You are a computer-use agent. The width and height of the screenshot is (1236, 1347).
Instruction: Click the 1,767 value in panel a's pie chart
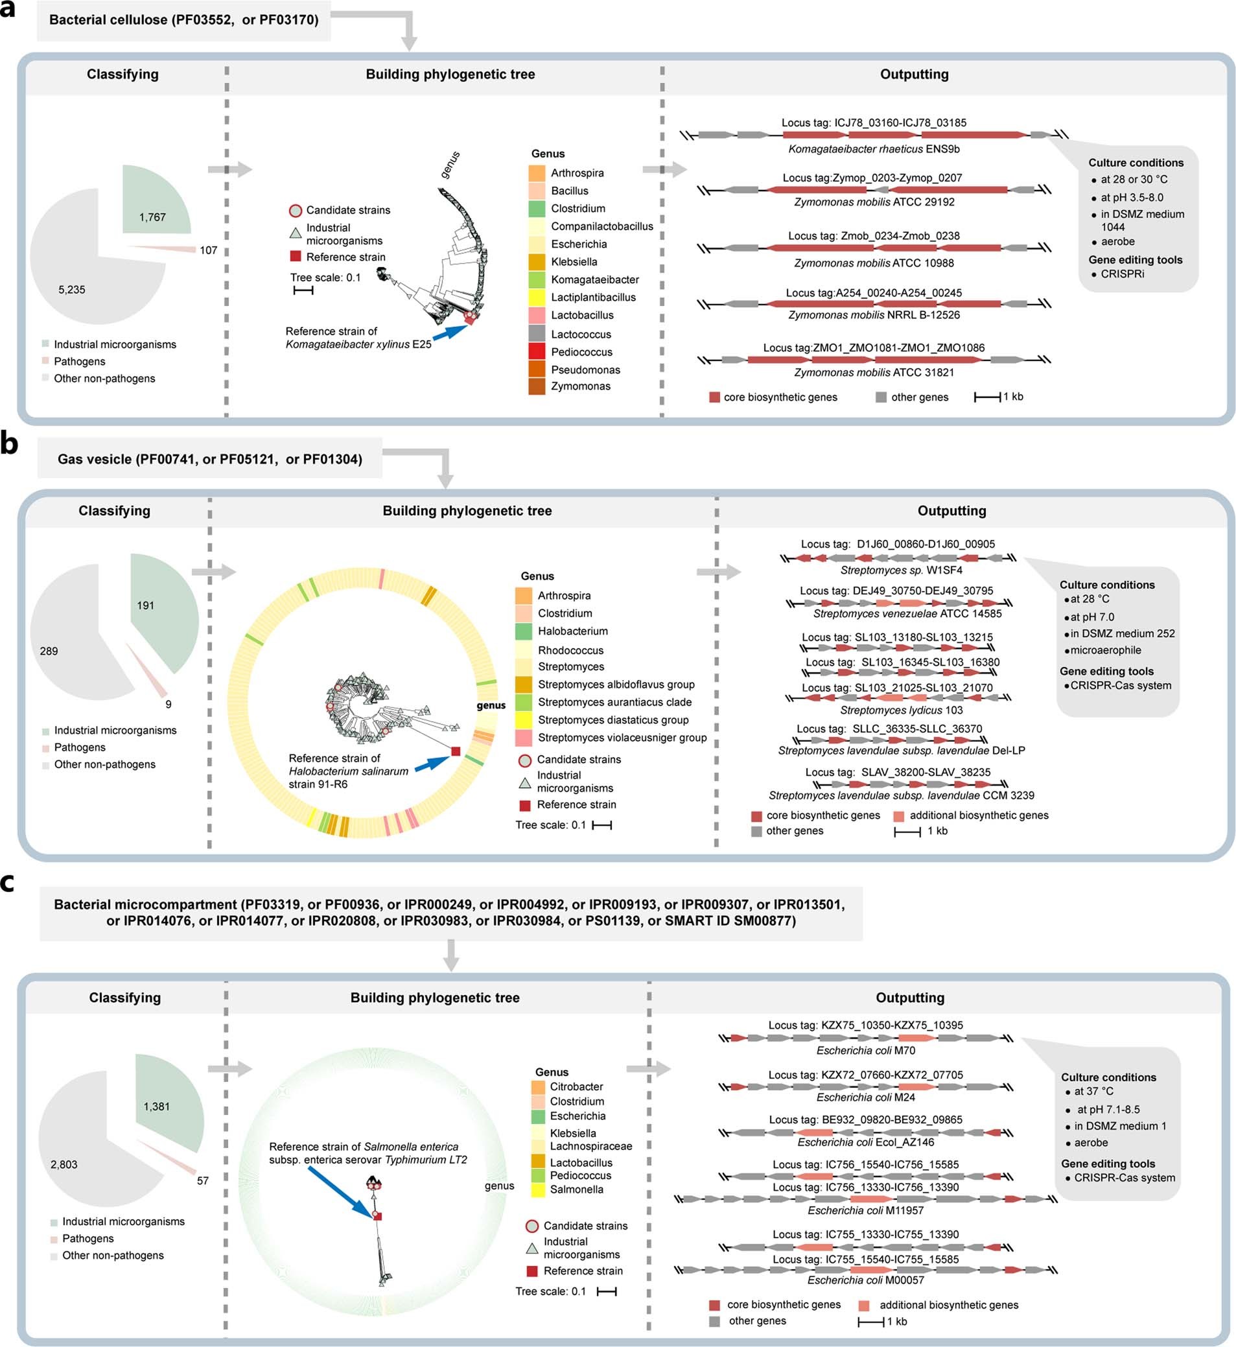(x=152, y=217)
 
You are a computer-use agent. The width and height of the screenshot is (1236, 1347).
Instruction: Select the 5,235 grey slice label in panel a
(x=71, y=290)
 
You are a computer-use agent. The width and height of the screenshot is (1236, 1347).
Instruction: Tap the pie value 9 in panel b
(x=169, y=704)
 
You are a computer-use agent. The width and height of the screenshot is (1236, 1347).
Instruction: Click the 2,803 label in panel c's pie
(x=64, y=1164)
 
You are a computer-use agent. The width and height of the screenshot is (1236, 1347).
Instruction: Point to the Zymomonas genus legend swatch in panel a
(x=537, y=386)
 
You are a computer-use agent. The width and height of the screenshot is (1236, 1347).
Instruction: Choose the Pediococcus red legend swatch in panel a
(x=537, y=352)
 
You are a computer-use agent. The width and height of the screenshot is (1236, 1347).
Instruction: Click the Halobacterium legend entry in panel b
(x=572, y=631)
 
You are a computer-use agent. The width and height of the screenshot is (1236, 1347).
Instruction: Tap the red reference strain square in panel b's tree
(x=456, y=751)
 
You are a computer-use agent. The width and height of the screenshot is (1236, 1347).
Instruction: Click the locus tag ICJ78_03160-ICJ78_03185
(x=874, y=123)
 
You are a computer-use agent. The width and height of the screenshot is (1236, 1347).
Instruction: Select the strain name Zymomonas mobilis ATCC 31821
(x=874, y=373)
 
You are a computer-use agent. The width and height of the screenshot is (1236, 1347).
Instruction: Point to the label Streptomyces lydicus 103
(x=901, y=710)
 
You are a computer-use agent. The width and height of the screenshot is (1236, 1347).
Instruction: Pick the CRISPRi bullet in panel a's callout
(x=1122, y=274)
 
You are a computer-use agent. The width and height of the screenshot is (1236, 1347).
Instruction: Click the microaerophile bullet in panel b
(x=1105, y=650)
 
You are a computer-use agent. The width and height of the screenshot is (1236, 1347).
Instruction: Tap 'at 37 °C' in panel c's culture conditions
(x=1093, y=1092)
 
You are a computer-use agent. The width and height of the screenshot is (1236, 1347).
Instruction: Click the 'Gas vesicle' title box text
(x=209, y=460)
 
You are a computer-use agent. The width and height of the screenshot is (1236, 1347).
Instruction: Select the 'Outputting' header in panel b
(x=951, y=511)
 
